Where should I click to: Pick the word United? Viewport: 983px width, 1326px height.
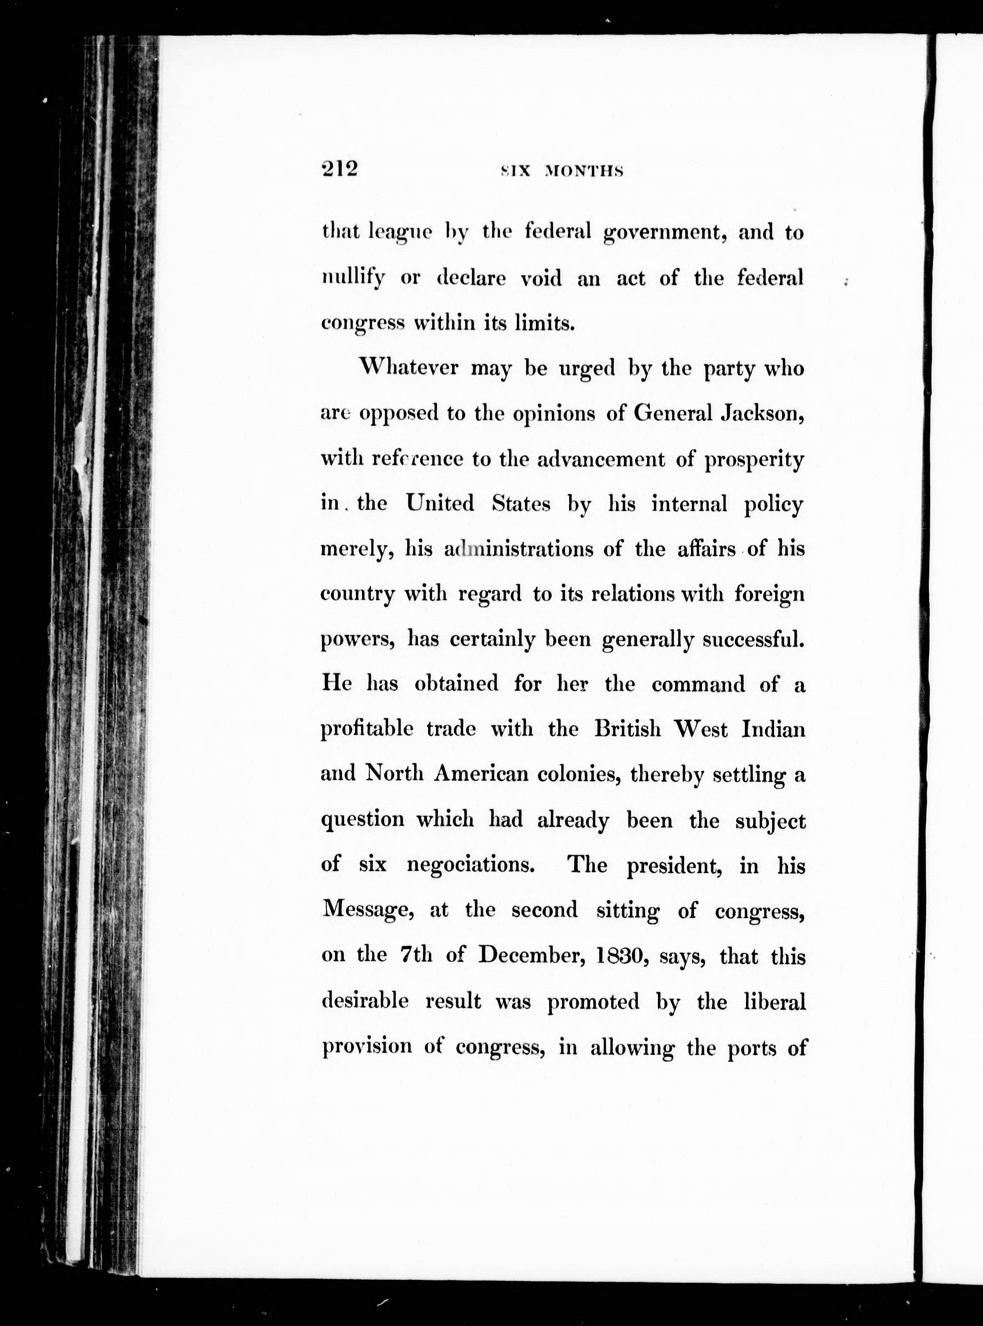click(440, 503)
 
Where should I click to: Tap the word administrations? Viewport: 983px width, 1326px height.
click(518, 548)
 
